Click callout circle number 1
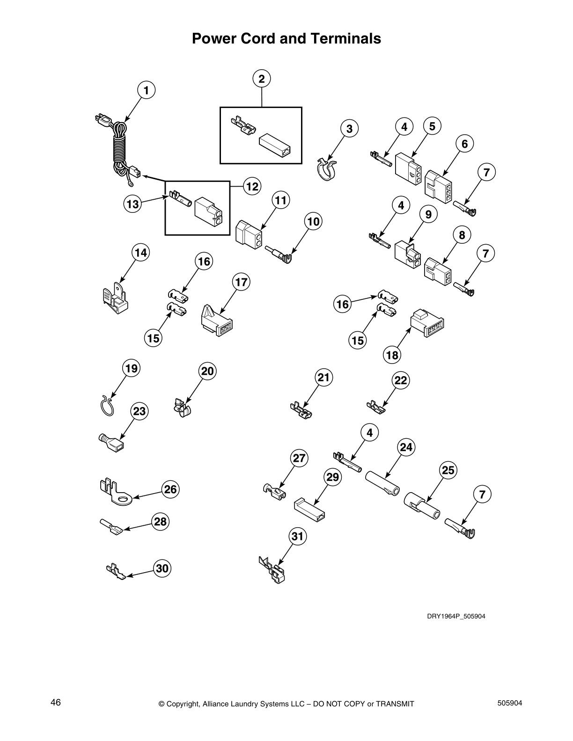point(146,90)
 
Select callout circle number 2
point(262,79)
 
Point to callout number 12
point(252,187)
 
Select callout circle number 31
point(298,536)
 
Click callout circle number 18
point(392,355)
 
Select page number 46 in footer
point(56,702)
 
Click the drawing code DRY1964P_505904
point(455,616)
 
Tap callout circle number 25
point(448,470)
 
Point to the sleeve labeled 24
point(382,483)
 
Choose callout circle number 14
point(141,253)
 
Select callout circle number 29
point(332,477)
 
